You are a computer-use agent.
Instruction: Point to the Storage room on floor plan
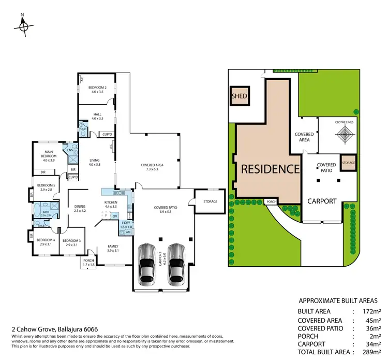[210, 201]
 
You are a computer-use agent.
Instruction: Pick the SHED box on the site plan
[240, 96]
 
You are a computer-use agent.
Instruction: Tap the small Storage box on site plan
[348, 163]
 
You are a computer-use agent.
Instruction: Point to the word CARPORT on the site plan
[322, 201]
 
